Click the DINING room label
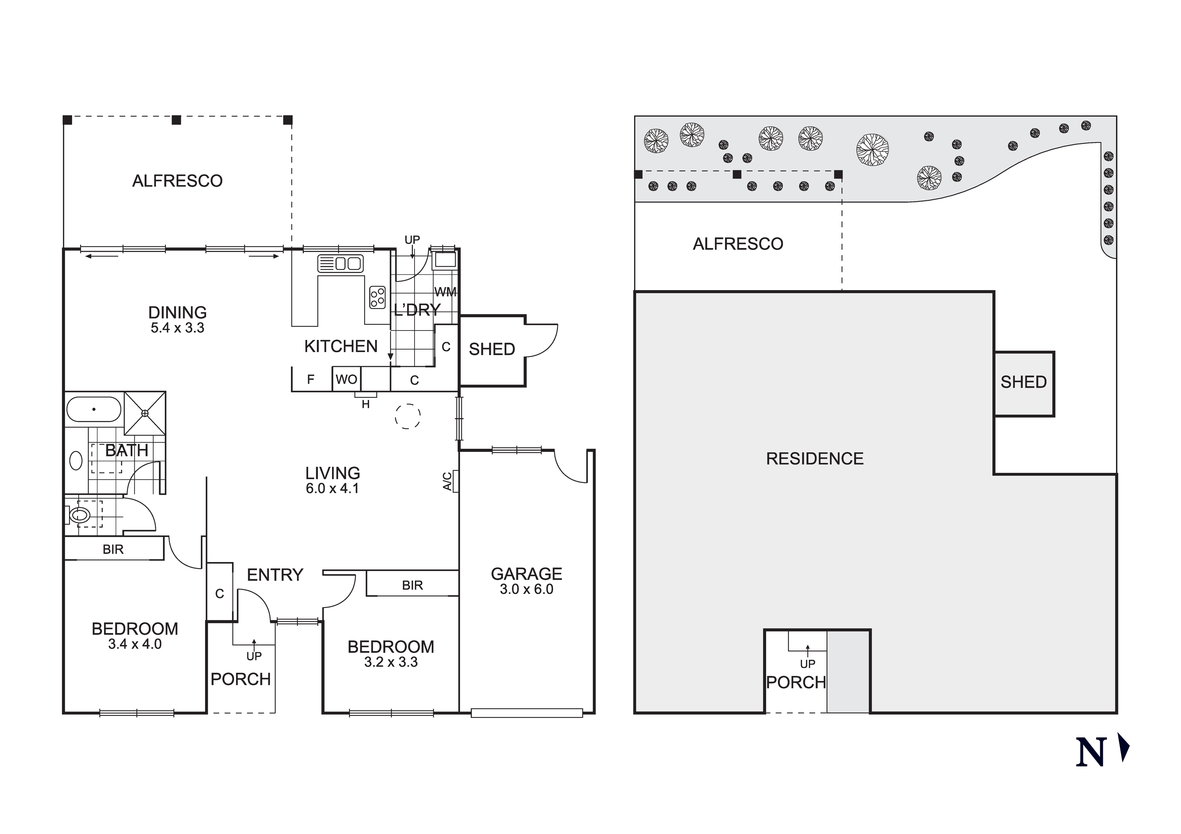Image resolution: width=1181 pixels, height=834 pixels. click(x=177, y=312)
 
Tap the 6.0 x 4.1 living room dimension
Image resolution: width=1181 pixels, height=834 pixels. click(x=332, y=488)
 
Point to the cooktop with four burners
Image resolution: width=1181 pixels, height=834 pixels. click(x=378, y=297)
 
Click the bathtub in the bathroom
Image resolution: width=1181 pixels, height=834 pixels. click(x=94, y=409)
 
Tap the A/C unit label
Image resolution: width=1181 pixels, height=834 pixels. click(x=448, y=481)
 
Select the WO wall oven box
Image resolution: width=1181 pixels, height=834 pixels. click(x=346, y=379)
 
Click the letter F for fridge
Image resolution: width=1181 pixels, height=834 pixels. click(x=311, y=379)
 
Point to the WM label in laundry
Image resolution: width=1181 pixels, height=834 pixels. click(x=446, y=292)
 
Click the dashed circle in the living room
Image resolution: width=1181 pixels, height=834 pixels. click(x=408, y=416)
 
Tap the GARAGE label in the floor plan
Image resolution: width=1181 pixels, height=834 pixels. click(x=526, y=574)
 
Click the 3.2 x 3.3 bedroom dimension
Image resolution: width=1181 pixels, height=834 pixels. click(x=391, y=662)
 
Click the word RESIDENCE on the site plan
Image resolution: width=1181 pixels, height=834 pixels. click(x=815, y=459)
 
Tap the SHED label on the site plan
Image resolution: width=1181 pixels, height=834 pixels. click(x=1024, y=382)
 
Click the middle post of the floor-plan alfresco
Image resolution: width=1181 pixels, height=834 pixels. click(x=176, y=120)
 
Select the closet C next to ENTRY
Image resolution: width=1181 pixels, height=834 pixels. click(x=220, y=594)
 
